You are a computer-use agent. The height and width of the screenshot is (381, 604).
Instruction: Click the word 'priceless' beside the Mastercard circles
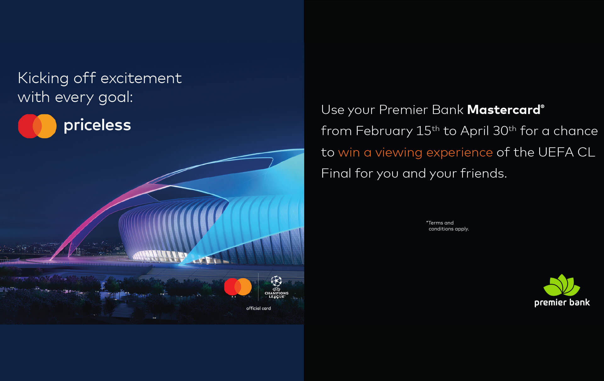pos(97,125)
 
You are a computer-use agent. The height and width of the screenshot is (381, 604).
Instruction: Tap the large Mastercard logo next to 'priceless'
pos(37,126)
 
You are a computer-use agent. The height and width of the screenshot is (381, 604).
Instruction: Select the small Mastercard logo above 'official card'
pos(238,287)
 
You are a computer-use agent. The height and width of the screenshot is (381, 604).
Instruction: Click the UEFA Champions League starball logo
pos(276,281)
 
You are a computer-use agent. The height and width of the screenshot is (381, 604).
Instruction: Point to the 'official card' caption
pos(258,309)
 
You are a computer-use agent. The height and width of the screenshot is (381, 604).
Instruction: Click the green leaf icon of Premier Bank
pos(562,285)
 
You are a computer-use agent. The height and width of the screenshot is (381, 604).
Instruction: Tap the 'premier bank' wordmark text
pos(562,303)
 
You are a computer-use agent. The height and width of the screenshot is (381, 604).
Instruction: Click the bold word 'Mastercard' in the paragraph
pos(504,110)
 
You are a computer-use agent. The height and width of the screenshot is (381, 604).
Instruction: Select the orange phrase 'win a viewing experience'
pos(415,152)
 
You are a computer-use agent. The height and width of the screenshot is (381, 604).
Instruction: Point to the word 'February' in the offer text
pos(384,131)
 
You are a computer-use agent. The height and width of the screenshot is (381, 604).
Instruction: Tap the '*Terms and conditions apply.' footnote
pos(447,226)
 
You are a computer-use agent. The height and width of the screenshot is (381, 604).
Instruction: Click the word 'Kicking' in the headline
pos(43,78)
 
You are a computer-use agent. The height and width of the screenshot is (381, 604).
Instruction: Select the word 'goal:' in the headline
pos(115,97)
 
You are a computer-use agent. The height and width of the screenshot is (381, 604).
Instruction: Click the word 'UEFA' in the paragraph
pos(556,152)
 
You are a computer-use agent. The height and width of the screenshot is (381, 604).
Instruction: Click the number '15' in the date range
pos(423,131)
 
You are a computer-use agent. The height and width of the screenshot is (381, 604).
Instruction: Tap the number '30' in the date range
pos(500,131)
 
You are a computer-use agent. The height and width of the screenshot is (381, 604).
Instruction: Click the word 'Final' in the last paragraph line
pos(336,173)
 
